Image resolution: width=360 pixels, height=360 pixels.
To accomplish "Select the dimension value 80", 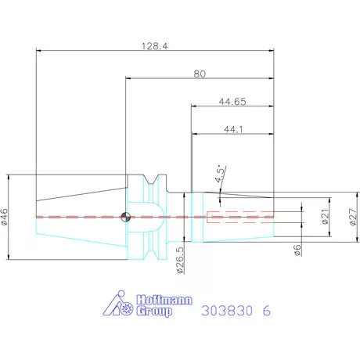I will pos(200,74).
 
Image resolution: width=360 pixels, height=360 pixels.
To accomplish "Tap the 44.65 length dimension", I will pos(232,102).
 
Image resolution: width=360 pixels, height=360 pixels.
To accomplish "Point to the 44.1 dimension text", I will pos(232,129).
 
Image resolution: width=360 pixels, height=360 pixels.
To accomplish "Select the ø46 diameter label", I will pos(6,216).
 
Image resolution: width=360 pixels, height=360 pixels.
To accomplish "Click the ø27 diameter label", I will pos(352,216).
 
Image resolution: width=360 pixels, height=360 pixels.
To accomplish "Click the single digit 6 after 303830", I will pos(267,311).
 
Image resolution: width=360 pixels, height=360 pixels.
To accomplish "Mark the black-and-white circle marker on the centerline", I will pos(124,217).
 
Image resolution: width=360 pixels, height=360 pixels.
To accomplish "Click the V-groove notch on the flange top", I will pos(159,179).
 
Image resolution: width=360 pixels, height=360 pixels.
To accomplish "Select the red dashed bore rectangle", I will pos(239,217).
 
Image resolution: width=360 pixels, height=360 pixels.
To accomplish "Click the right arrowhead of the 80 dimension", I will pos(272,77).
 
